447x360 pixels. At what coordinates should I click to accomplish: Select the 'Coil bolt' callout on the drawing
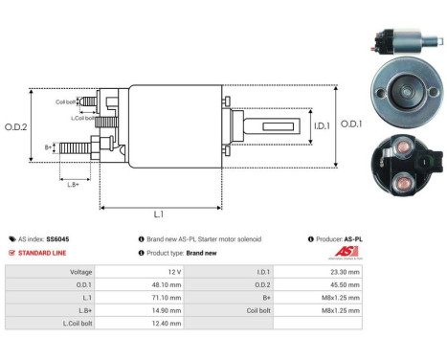pos(66,101)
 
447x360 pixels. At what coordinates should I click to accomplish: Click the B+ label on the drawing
pos(50,147)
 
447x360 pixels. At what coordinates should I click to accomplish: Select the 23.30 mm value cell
pos(346,271)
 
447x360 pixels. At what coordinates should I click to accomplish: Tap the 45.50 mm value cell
pos(346,284)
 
